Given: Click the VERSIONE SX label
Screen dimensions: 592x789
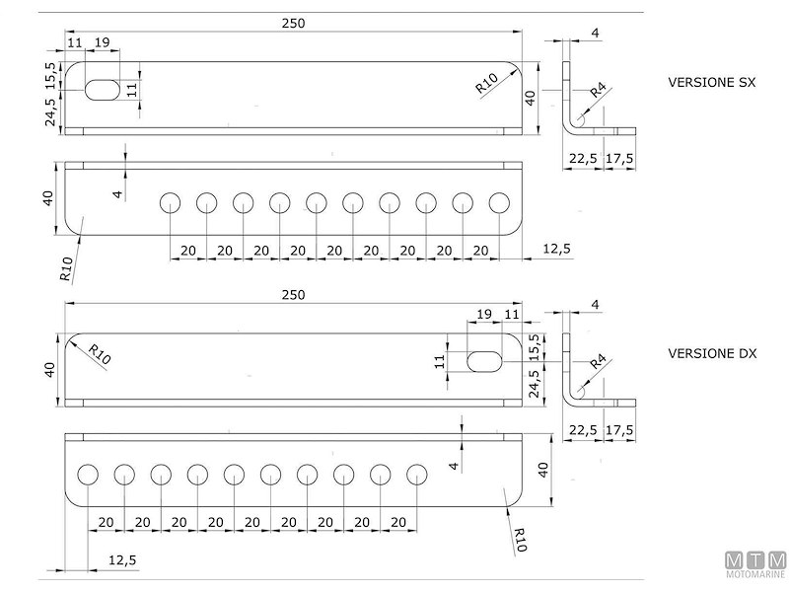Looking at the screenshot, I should (711, 83).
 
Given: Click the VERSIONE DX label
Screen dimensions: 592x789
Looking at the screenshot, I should (712, 353).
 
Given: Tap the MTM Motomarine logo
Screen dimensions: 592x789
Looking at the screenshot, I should (755, 563).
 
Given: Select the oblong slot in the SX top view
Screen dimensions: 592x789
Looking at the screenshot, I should (103, 89).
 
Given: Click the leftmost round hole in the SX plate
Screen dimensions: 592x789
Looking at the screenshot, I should (170, 203).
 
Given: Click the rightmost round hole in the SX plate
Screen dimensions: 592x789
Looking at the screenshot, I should (499, 203).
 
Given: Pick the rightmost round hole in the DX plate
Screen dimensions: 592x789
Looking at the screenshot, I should (417, 475).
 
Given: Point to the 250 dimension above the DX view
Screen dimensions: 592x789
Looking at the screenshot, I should (293, 295).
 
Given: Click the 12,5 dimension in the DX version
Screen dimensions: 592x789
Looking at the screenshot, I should (122, 559).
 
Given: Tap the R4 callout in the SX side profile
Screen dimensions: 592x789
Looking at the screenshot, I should (597, 92).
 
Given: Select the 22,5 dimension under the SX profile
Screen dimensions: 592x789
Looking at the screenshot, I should (583, 158).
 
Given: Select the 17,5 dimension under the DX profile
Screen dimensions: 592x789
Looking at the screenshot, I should (619, 429).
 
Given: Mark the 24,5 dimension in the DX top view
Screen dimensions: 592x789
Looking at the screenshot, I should (534, 382).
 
